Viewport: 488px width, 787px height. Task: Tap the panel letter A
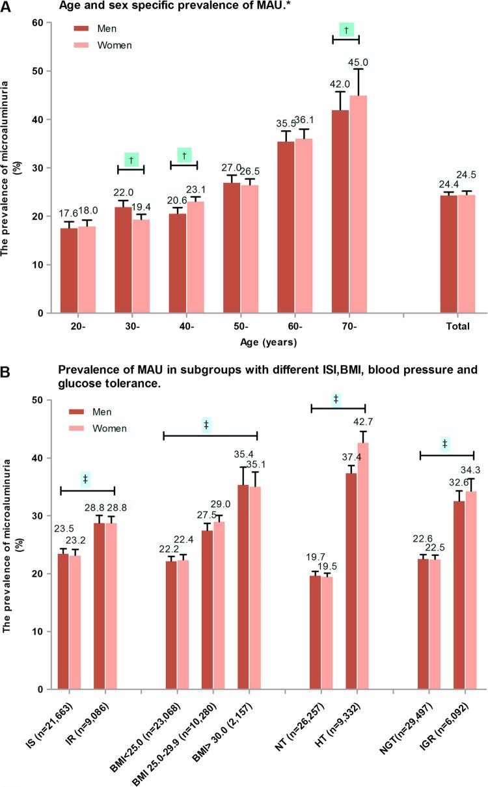click(x=6, y=6)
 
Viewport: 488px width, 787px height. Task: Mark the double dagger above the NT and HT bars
click(x=336, y=398)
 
